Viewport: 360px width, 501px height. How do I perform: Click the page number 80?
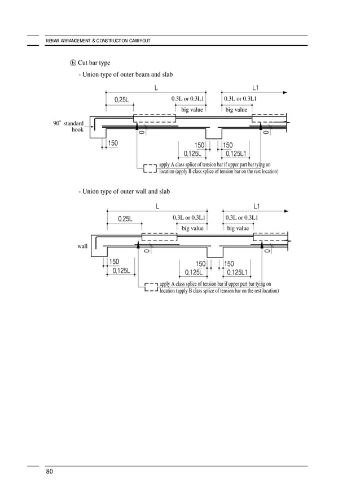[49, 472]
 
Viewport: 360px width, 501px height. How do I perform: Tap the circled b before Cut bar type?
[73, 62]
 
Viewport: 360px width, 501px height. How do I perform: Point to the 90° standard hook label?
[68, 126]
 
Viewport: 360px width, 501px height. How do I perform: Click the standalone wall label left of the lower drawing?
[82, 246]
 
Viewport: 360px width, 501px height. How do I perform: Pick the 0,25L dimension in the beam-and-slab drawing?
[122, 99]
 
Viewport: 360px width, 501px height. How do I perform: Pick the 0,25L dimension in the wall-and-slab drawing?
[125, 219]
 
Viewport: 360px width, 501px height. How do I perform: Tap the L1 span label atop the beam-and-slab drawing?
[256, 88]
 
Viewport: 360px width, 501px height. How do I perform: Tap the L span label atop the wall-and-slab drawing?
[157, 206]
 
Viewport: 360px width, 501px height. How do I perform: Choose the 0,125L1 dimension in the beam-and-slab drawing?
[236, 153]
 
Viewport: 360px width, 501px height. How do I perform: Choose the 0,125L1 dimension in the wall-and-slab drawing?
[237, 272]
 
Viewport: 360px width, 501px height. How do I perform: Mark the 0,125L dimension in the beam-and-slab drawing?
[192, 153]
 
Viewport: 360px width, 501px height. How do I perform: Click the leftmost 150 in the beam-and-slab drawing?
[113, 143]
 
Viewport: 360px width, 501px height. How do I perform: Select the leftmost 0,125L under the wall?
[121, 271]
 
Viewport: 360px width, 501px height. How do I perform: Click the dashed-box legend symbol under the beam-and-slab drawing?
[150, 168]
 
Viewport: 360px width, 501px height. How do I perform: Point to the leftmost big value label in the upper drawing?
[192, 110]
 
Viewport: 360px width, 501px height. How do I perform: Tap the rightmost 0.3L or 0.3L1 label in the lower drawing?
[242, 217]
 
